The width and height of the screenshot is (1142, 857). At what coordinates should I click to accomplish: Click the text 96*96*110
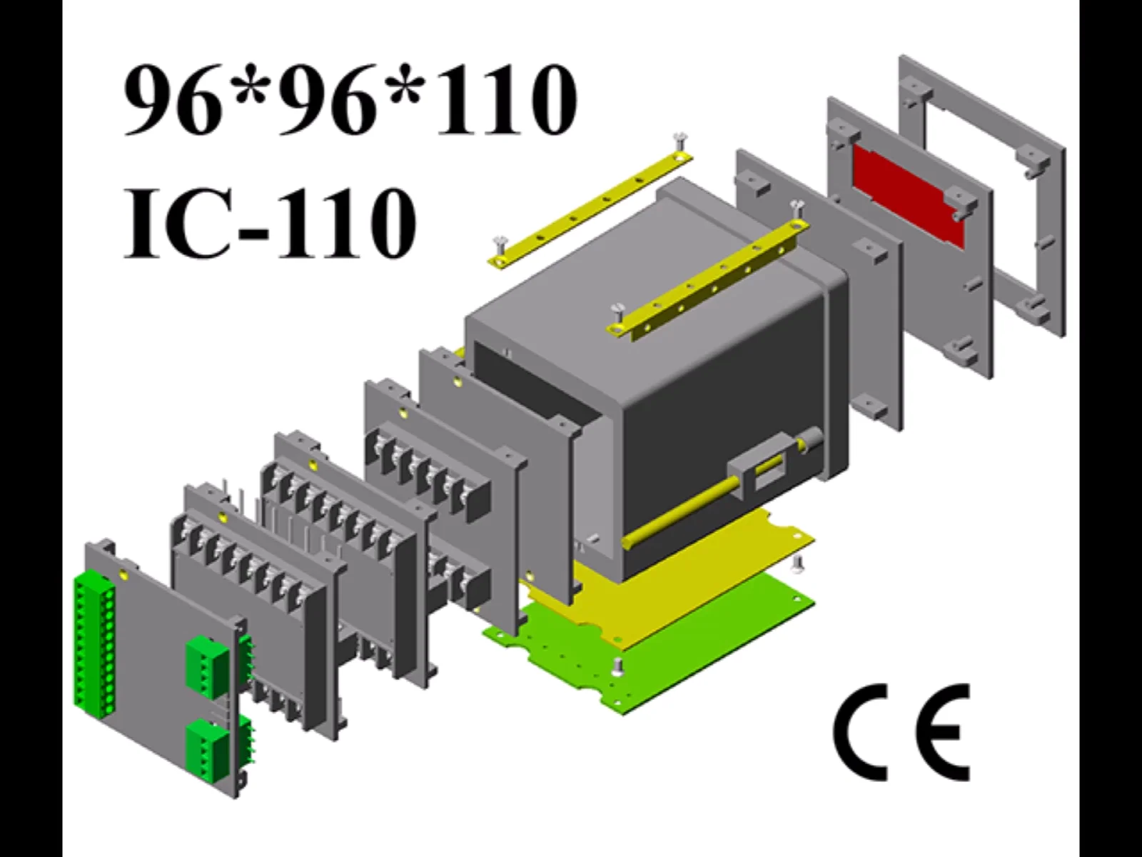pyautogui.click(x=350, y=100)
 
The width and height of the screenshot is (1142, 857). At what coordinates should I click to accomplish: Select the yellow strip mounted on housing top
pyautogui.click(x=707, y=279)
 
